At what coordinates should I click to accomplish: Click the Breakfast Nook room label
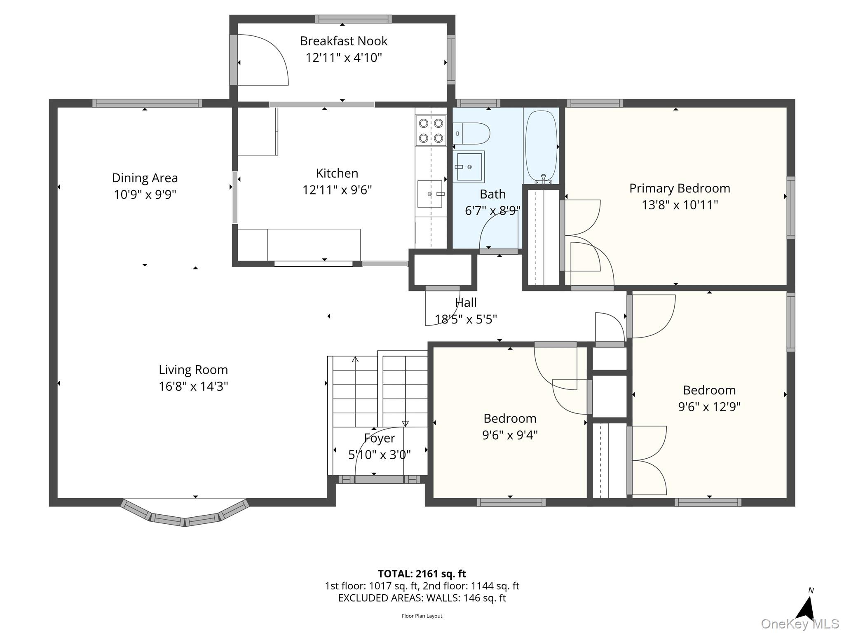pyautogui.click(x=344, y=41)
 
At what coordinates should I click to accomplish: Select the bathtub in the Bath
pyautogui.click(x=542, y=146)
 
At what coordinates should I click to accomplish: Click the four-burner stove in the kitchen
pyautogui.click(x=431, y=130)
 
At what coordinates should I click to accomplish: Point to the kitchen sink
pyautogui.click(x=430, y=194)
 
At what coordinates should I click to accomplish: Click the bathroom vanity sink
pyautogui.click(x=469, y=167)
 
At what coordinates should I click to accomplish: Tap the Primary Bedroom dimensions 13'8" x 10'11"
pyautogui.click(x=680, y=205)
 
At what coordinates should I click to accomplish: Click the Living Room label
pyautogui.click(x=193, y=370)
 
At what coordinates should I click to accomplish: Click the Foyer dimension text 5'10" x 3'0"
pyautogui.click(x=380, y=455)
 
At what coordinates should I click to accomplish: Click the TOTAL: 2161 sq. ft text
pyautogui.click(x=422, y=574)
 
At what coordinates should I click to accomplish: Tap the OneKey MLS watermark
pyautogui.click(x=800, y=624)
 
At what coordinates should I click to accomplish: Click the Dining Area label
pyautogui.click(x=145, y=178)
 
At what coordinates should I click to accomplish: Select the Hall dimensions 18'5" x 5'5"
pyautogui.click(x=466, y=319)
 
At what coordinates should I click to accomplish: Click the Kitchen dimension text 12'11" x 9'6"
pyautogui.click(x=337, y=190)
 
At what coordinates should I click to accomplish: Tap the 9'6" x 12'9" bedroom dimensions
pyautogui.click(x=709, y=407)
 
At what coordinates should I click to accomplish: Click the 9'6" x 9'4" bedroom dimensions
pyautogui.click(x=510, y=435)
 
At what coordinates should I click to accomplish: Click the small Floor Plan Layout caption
pyautogui.click(x=422, y=616)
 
